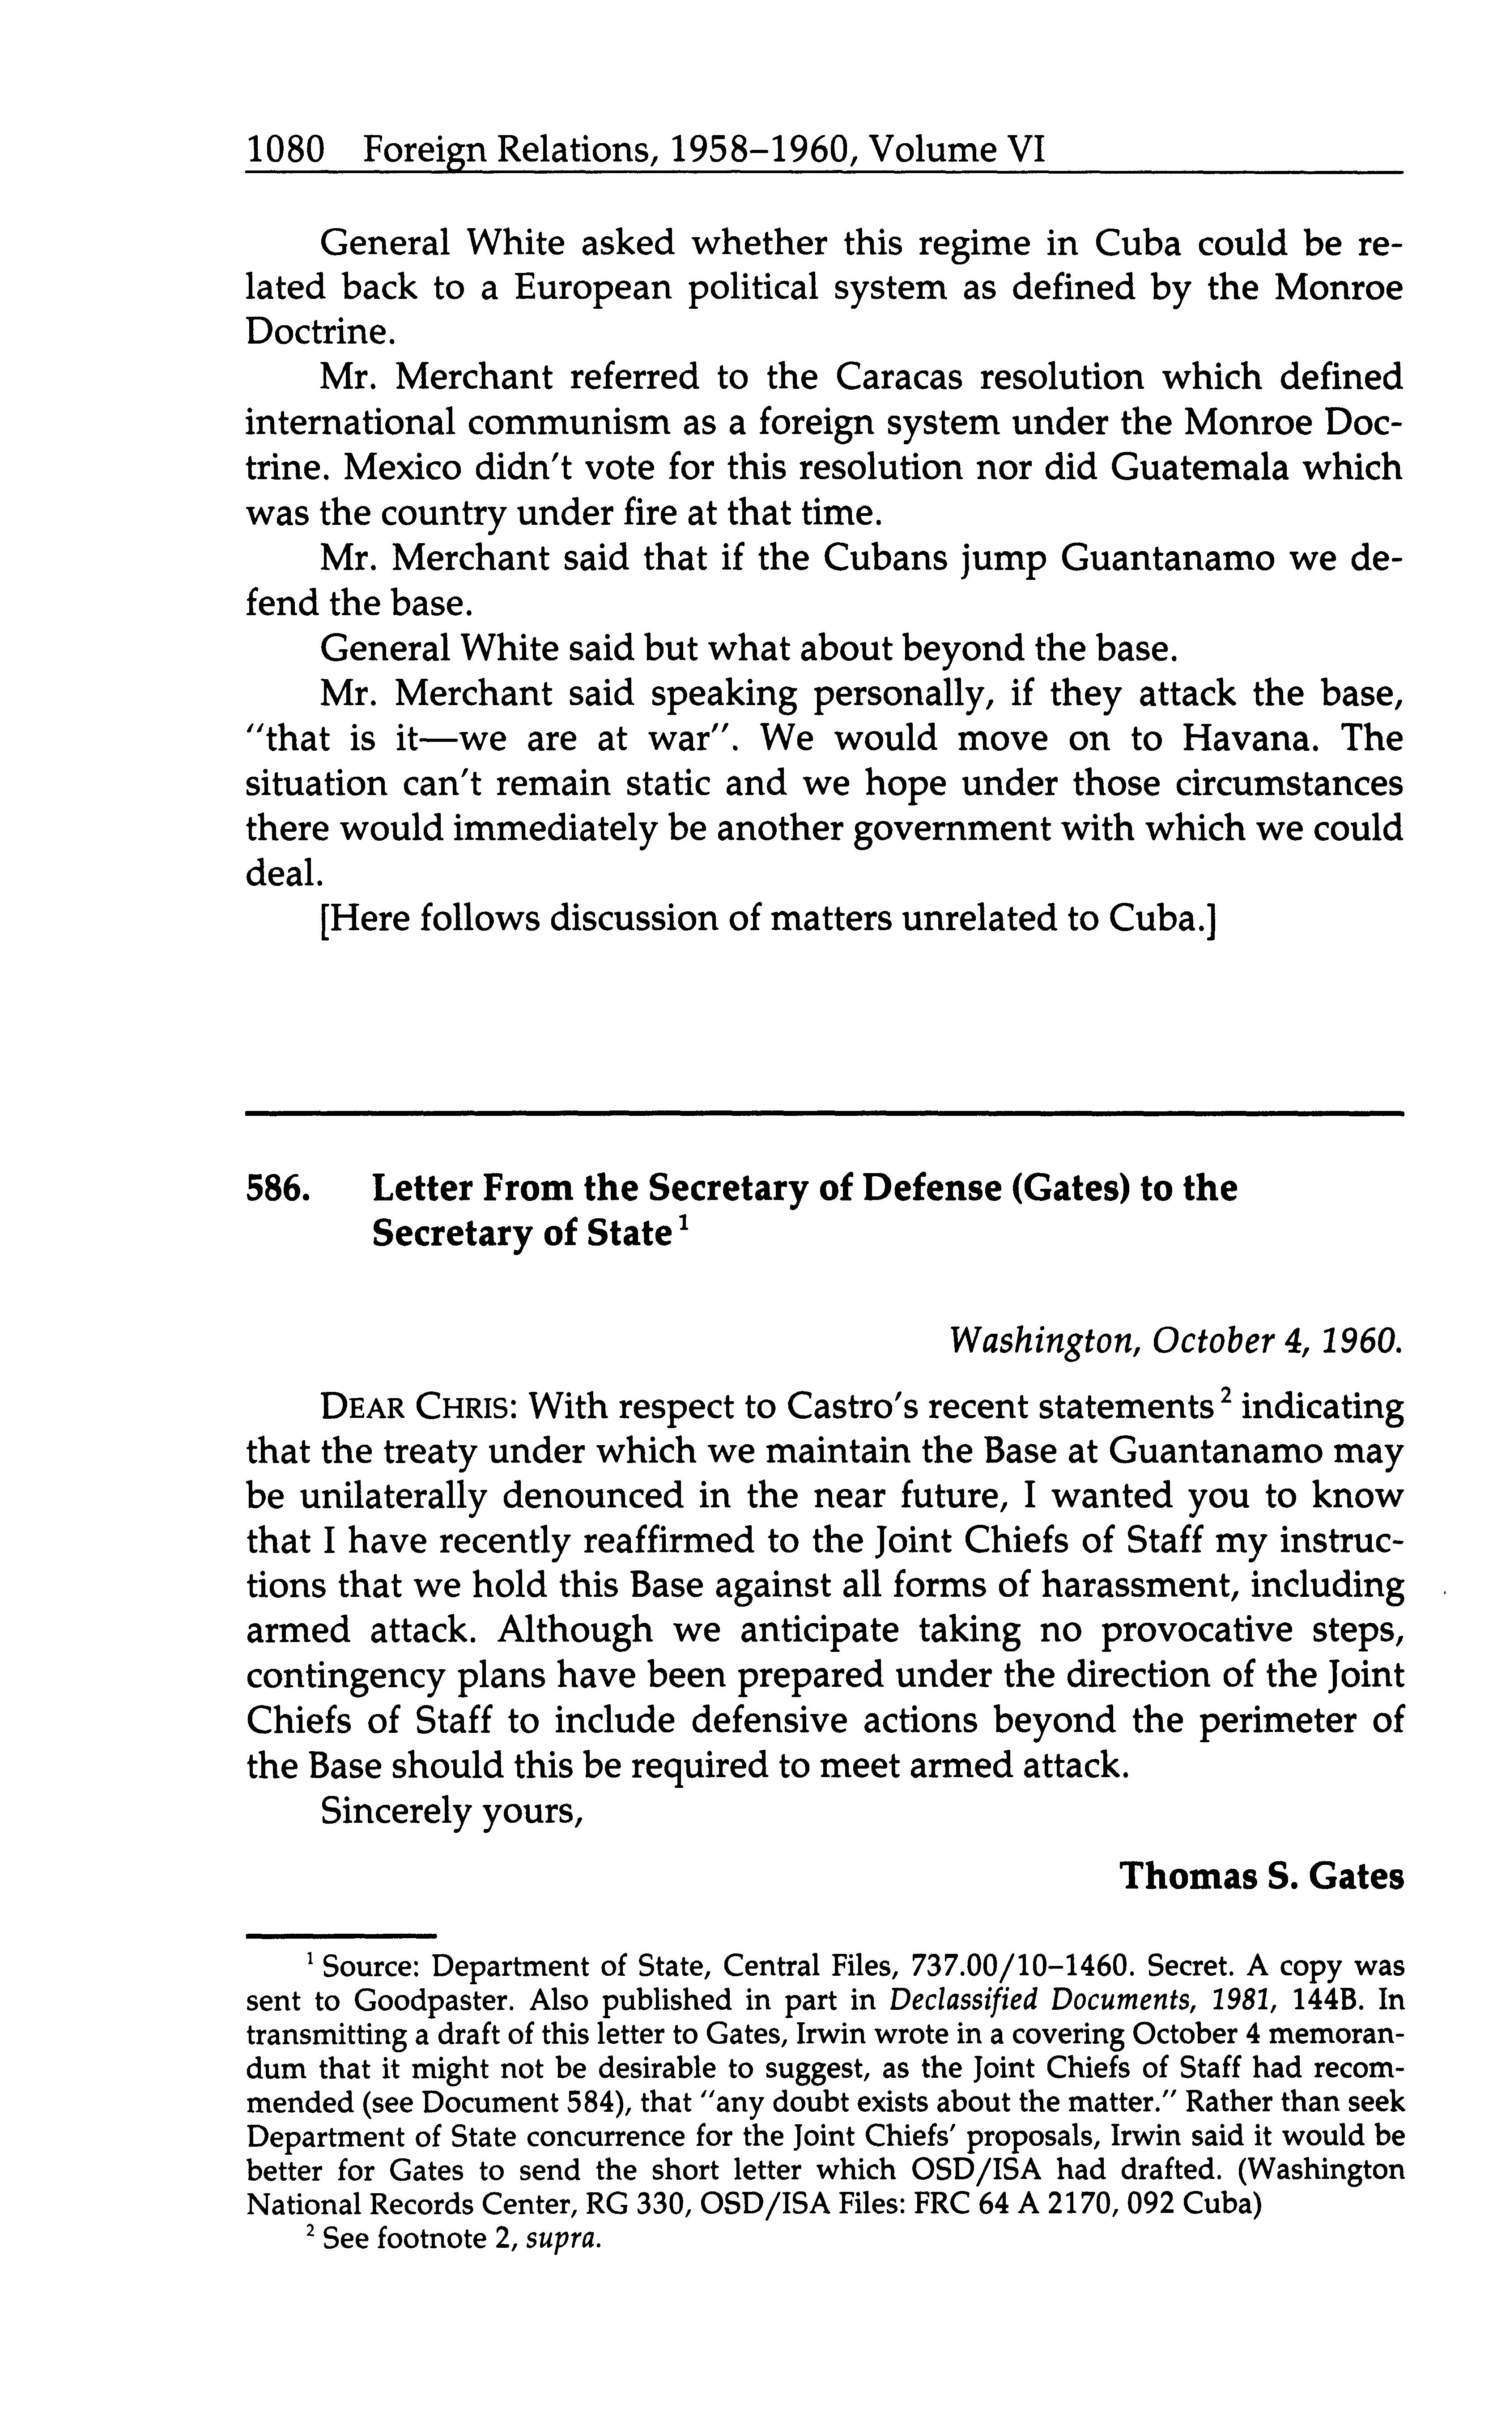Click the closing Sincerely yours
(451, 1810)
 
